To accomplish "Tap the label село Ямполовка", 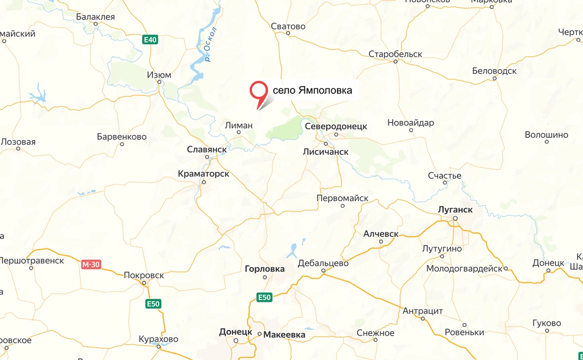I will tap(312, 90).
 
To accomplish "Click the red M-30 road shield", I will tap(91, 265).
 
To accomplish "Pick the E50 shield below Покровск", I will tap(153, 304).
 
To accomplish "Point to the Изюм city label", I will tap(159, 75).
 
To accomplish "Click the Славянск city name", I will tap(207, 149).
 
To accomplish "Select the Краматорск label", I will tap(204, 174).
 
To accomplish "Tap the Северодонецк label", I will tap(336, 126).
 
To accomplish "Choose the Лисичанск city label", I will tap(326, 152).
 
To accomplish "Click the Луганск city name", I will tap(455, 209).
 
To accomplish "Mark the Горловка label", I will tap(265, 269).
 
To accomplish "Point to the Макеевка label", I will tap(284, 335).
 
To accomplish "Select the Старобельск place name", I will tap(395, 54).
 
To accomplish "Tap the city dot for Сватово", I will tap(288, 34).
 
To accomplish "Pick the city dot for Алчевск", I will tap(380, 242).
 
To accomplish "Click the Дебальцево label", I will tap(323, 263).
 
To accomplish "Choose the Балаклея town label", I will tap(95, 17).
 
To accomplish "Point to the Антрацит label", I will tap(422, 311).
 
